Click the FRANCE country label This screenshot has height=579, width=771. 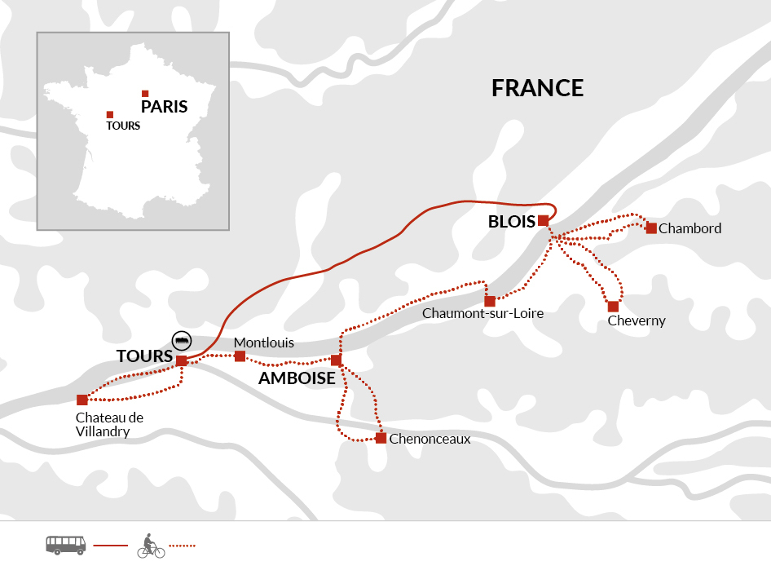537,88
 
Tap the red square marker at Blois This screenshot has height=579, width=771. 543,220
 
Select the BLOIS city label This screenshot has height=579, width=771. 511,222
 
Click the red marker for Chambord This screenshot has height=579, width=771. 651,228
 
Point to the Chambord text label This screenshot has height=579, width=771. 689,228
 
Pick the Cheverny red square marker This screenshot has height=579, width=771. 613,307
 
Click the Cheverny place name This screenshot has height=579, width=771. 637,321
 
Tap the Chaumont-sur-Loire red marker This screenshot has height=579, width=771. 490,301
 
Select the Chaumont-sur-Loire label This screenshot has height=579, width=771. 482,314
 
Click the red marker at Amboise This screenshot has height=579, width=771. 336,360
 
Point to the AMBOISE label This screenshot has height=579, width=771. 297,378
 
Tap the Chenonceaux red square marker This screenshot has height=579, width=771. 381,438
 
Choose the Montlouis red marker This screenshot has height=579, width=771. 240,356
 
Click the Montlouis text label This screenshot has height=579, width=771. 263,343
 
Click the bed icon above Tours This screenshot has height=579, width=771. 183,339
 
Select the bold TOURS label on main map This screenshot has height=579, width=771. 144,357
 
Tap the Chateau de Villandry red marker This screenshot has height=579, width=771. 82,400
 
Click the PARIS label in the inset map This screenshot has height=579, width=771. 164,107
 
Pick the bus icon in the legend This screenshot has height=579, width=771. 65,545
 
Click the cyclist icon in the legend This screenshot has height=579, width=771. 151,546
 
